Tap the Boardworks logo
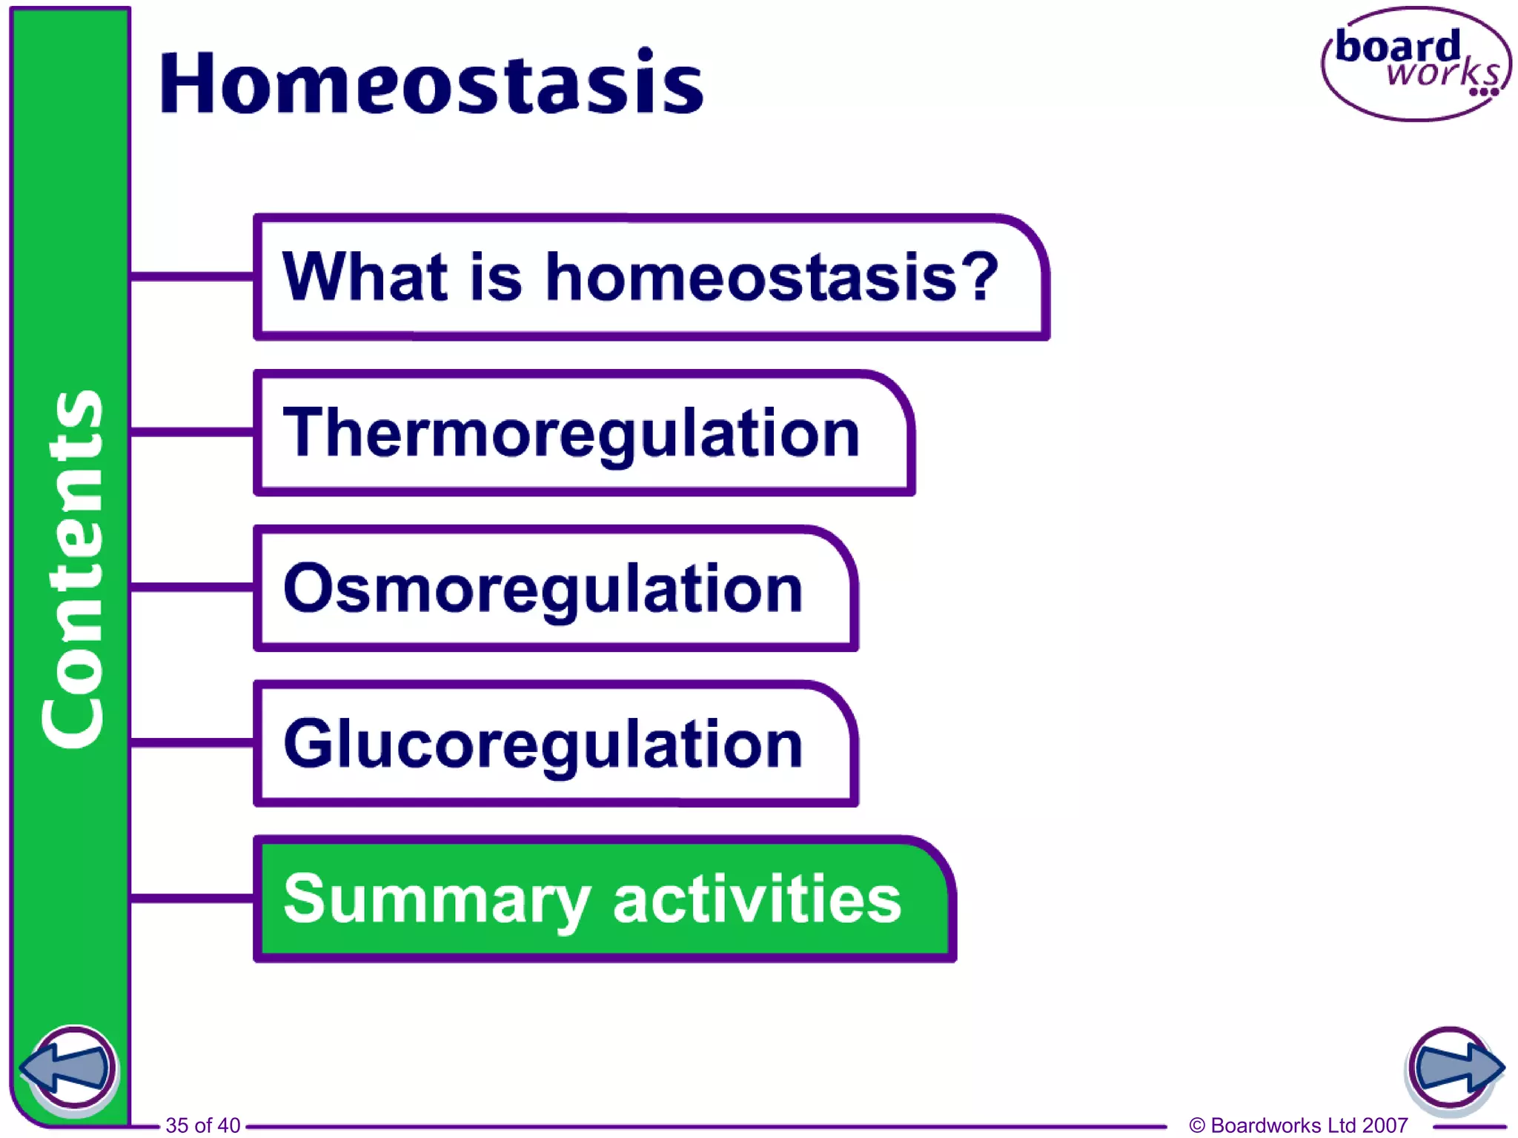point(1416,64)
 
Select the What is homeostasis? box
point(651,277)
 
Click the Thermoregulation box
point(584,433)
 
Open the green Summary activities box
point(604,899)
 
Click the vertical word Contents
point(72,569)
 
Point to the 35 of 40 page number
point(202,1125)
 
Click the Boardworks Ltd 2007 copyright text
point(1299,1125)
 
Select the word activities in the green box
point(757,898)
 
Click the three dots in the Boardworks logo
point(1484,93)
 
